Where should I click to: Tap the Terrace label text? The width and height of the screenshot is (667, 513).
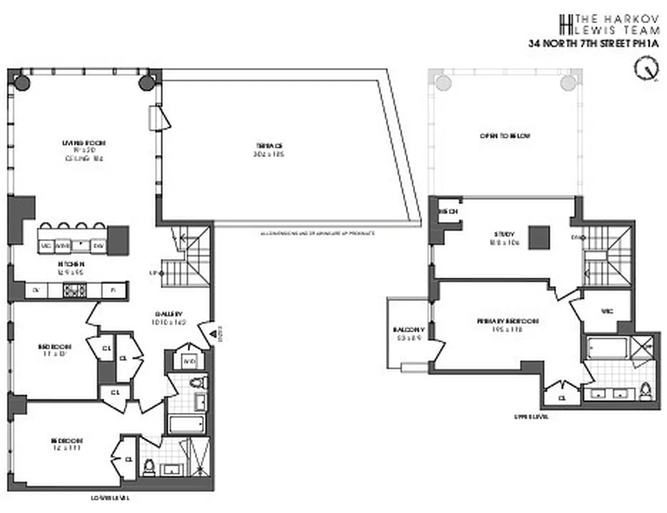pyautogui.click(x=269, y=146)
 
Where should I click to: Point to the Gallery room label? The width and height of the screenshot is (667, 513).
pyautogui.click(x=169, y=314)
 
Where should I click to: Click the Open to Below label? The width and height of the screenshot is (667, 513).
pyautogui.click(x=505, y=136)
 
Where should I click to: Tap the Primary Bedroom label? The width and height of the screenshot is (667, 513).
pyautogui.click(x=507, y=321)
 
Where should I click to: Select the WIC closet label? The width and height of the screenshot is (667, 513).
pyautogui.click(x=607, y=311)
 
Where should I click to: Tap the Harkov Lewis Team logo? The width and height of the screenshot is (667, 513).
pyautogui.click(x=565, y=24)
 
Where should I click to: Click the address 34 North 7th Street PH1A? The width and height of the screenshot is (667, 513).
pyautogui.click(x=593, y=44)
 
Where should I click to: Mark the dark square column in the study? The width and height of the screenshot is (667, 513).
pyautogui.click(x=539, y=238)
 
